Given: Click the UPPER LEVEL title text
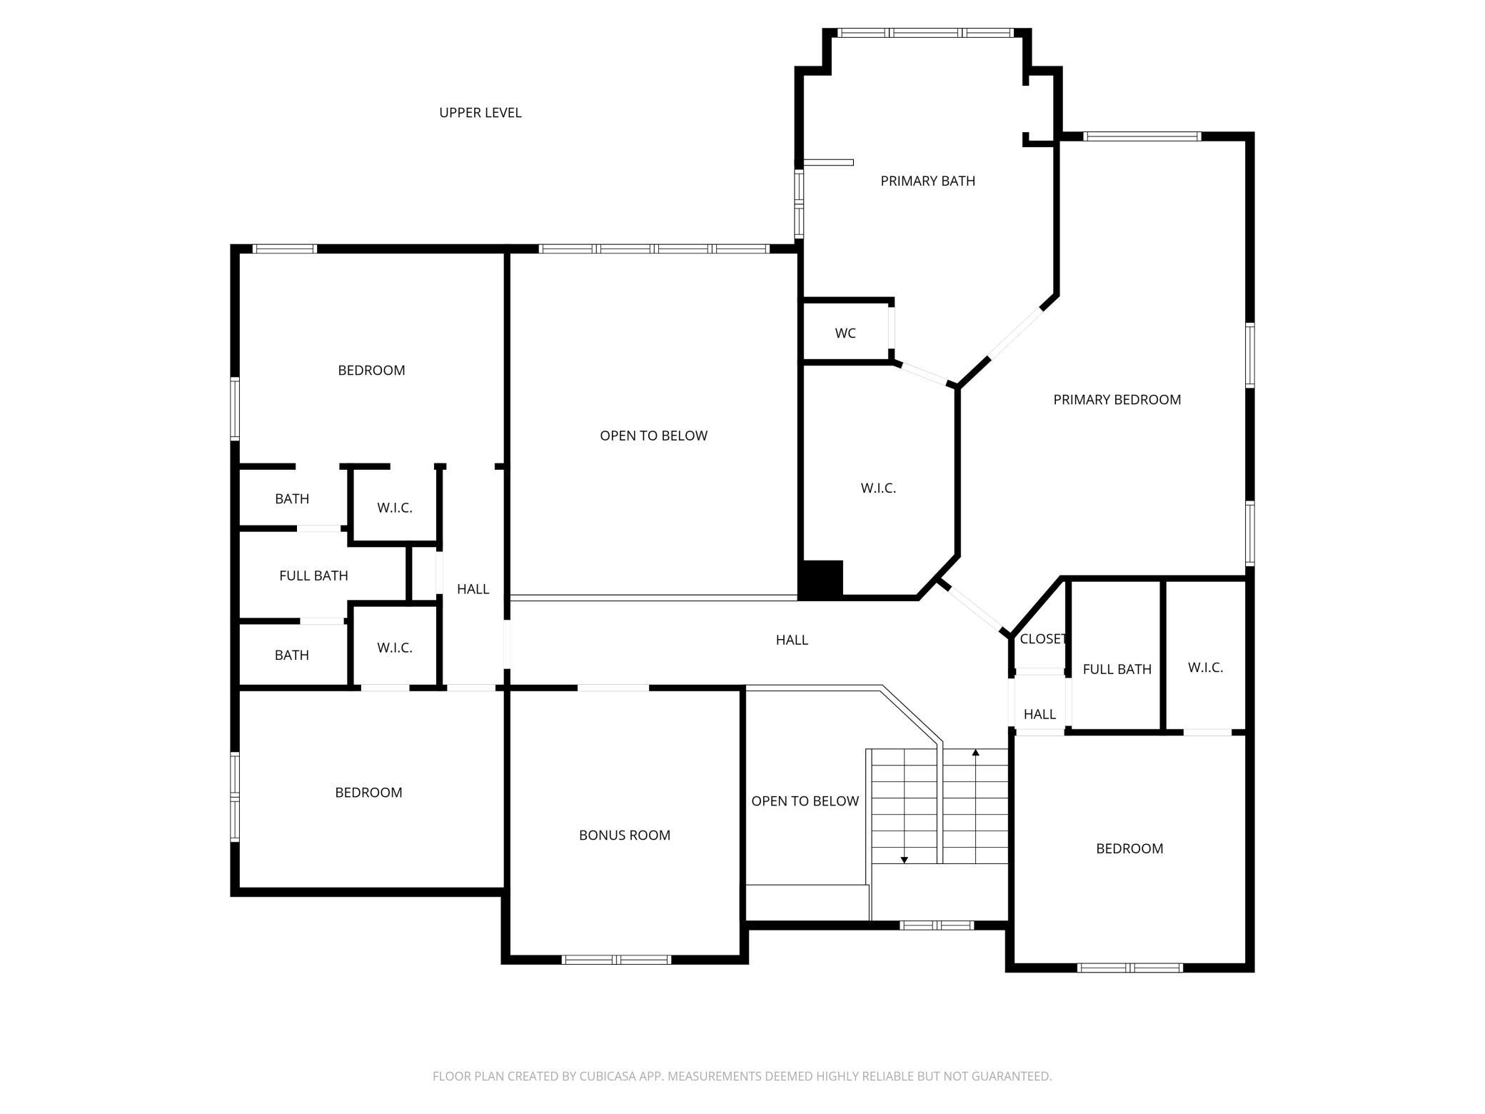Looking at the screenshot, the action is point(480,113).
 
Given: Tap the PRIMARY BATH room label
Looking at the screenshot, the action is point(927,181).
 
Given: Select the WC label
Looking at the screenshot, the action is point(845,333).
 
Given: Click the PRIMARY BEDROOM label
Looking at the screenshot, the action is point(1117,400).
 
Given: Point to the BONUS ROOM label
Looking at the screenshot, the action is point(625,835).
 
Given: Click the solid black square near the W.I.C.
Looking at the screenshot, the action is point(822,578).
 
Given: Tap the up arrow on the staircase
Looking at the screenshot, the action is point(976,752).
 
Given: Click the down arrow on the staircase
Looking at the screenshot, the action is point(905,860).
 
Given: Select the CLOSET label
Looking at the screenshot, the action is point(1043,639).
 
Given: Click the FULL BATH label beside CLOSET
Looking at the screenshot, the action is point(1117,670).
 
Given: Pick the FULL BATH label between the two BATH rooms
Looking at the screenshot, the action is point(313,576).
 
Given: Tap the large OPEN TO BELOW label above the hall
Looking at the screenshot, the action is point(654,436).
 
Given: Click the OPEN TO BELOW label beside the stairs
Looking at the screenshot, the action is point(805,801).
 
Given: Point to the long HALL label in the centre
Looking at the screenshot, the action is point(792,641).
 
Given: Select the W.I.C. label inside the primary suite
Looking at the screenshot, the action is point(878,488).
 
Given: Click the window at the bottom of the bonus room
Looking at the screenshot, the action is point(617,960).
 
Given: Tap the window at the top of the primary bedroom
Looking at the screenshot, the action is point(1142,136).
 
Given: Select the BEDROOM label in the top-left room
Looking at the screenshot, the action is point(371,371).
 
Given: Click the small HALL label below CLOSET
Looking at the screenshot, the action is point(1039,715).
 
